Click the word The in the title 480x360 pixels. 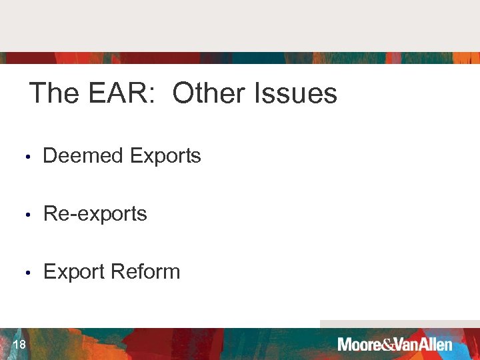tap(54, 93)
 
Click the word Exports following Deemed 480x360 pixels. tap(165, 156)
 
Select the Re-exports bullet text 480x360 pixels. tap(95, 214)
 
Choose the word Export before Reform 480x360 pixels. tap(74, 272)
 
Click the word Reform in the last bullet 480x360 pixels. tap(145, 272)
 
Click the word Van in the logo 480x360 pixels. tap(407, 345)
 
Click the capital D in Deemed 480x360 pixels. tap(49, 156)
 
